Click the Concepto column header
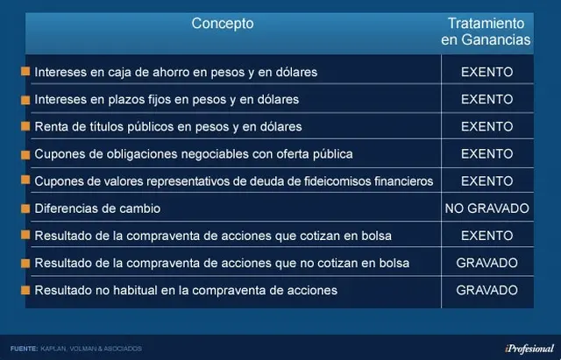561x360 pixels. click(223, 24)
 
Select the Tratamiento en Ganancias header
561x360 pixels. click(486, 32)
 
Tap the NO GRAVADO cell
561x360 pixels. click(487, 208)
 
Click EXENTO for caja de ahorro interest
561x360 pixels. click(487, 72)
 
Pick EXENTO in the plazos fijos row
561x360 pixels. click(487, 99)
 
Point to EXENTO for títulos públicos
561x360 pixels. click(487, 126)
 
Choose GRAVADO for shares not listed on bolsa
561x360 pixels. click(487, 263)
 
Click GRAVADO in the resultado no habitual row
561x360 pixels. click(487, 290)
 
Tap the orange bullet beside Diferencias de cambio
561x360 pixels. click(25, 208)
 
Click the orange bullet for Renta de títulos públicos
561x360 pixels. click(25, 126)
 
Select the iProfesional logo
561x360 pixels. click(529, 349)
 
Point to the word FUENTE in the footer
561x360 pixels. click(24, 349)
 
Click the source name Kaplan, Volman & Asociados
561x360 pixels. click(91, 349)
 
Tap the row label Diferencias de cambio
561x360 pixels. click(97, 208)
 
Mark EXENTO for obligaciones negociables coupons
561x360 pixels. click(487, 154)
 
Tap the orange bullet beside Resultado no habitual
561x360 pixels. click(25, 290)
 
